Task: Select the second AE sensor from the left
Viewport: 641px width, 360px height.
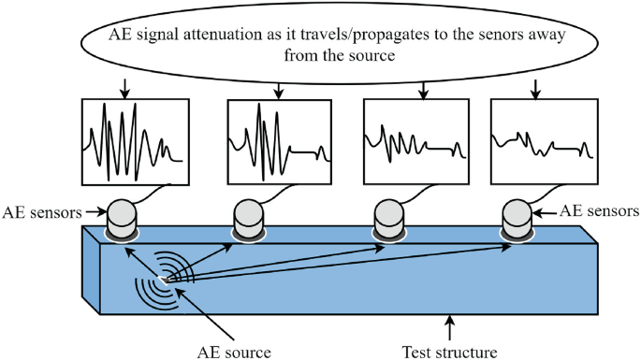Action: point(249,217)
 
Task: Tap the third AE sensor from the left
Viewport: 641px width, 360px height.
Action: point(389,217)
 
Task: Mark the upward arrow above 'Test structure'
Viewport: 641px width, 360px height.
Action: point(451,328)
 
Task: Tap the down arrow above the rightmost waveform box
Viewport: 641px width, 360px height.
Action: point(535,89)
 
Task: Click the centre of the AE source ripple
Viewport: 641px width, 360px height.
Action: point(166,278)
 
